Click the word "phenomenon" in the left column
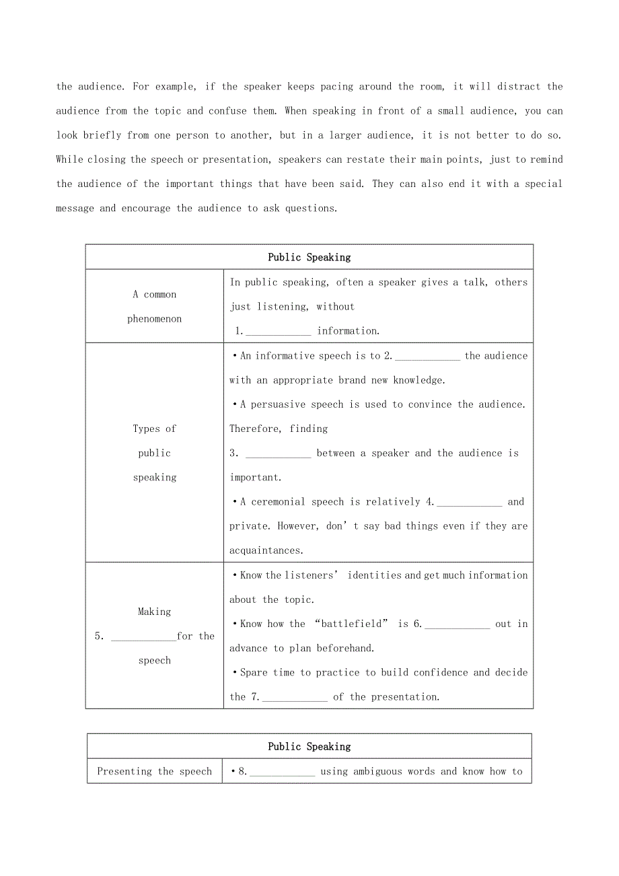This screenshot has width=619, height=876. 155,319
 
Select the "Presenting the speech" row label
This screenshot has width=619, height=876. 155,772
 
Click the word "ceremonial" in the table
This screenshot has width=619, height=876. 281,502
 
